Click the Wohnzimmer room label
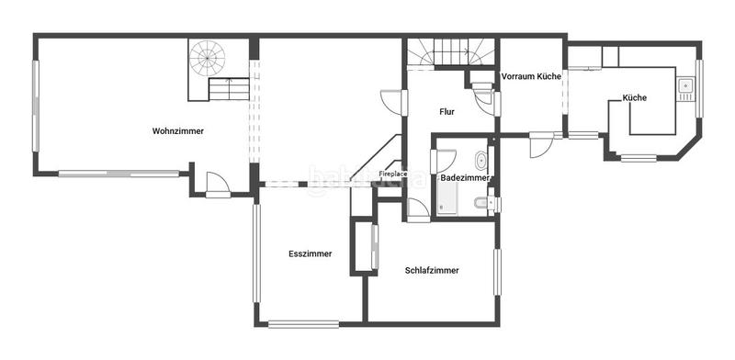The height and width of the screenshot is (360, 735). tap(178, 131)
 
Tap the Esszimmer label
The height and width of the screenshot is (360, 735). tap(310, 253)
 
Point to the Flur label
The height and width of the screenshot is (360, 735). tap(447, 112)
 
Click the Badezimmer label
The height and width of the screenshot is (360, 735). tap(467, 176)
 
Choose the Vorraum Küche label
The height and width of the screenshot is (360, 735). tap(530, 77)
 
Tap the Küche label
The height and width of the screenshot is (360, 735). tap(634, 97)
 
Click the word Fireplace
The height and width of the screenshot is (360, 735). tap(394, 173)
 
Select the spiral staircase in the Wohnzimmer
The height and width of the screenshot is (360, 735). tap(208, 59)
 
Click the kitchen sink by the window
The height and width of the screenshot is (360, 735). tap(684, 88)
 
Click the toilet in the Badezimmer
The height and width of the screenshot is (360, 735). tap(481, 201)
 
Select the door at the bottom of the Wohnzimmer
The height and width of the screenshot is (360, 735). tap(218, 185)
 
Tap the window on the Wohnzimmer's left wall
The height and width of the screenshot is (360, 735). tap(37, 106)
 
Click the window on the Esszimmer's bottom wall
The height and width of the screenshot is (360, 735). tap(302, 322)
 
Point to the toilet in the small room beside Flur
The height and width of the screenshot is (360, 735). tap(481, 89)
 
